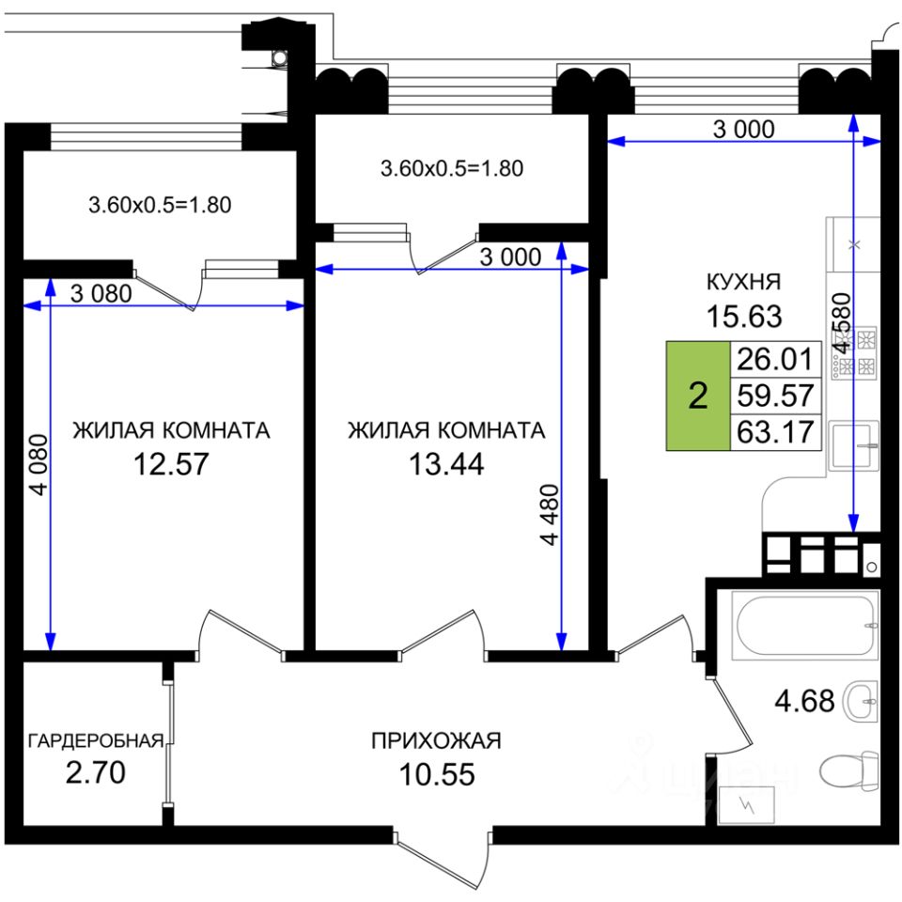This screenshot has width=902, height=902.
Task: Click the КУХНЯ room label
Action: click(744, 281)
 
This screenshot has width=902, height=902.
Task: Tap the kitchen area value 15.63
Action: click(744, 317)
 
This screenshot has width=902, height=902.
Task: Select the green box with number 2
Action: click(697, 396)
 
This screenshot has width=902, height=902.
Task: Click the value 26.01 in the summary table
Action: click(775, 358)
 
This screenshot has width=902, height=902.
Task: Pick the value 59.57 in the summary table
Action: click(775, 395)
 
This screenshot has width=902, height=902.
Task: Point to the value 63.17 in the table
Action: click(775, 432)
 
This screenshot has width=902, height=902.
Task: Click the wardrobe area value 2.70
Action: click(95, 774)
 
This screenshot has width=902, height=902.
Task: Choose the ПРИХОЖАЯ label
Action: click(436, 740)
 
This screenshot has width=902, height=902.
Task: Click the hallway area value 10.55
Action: click(436, 775)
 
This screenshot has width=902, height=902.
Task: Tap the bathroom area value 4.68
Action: click(804, 700)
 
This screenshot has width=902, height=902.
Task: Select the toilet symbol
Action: click(847, 772)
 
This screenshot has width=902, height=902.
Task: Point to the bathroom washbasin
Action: click(862, 701)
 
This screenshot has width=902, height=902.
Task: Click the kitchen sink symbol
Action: click(853, 446)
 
